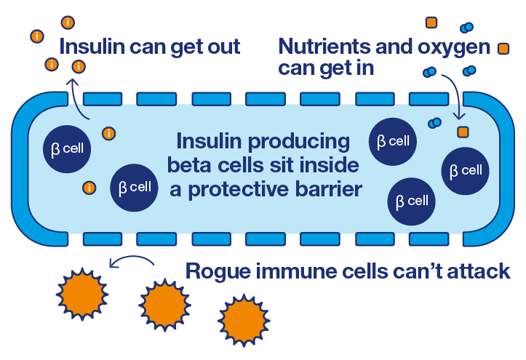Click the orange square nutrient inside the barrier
coord(462,132)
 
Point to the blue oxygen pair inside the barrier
coord(435,122)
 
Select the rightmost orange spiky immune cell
coord(244,314)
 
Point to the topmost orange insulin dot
coord(68,21)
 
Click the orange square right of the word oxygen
coord(503,49)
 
